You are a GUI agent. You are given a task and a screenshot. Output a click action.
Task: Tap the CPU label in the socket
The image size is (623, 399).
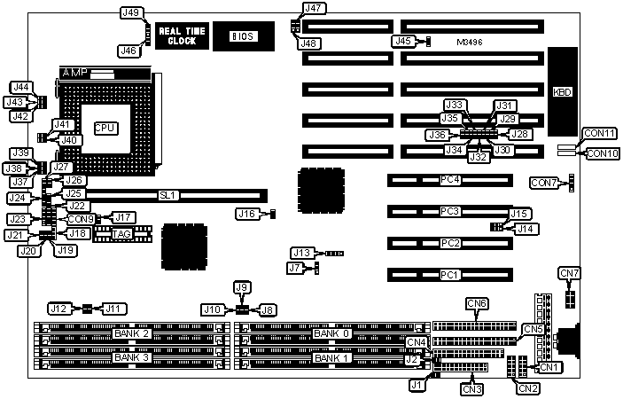point(105,128)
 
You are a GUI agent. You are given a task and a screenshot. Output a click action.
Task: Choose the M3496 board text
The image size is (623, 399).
point(470,42)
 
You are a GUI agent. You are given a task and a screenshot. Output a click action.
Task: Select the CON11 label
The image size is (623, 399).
point(599,134)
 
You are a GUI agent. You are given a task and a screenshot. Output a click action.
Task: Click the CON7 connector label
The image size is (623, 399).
point(542,183)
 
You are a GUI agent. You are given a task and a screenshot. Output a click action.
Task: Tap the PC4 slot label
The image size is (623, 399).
point(451,180)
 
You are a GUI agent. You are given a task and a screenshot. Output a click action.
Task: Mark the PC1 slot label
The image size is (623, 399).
point(451,275)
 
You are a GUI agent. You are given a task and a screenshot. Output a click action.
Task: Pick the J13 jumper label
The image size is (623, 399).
point(302,254)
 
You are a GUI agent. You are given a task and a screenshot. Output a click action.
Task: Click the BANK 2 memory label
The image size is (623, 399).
point(131,333)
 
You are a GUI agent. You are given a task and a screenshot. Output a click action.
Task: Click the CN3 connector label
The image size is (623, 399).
point(471,387)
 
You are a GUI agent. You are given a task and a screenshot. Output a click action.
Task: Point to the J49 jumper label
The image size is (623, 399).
point(130,12)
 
